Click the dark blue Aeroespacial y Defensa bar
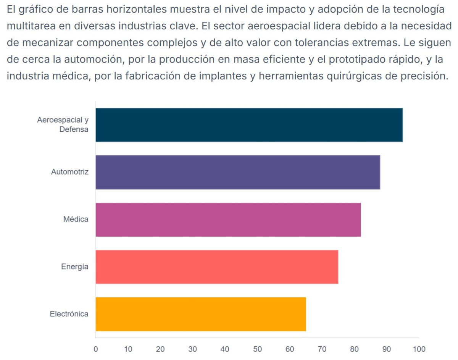coord(249,125)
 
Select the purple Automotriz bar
coord(237,172)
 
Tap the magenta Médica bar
coord(228,220)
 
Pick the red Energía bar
coord(216,267)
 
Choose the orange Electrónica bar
coord(200,314)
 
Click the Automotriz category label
coord(70,172)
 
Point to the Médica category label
coord(76,220)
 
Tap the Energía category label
coord(75,267)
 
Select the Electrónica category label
coord(69,314)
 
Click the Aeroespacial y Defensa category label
coord(63,124)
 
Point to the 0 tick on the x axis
coord(95,349)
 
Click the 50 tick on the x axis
coord(257,349)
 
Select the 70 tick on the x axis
coord(322,349)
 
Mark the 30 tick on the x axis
coord(193,349)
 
